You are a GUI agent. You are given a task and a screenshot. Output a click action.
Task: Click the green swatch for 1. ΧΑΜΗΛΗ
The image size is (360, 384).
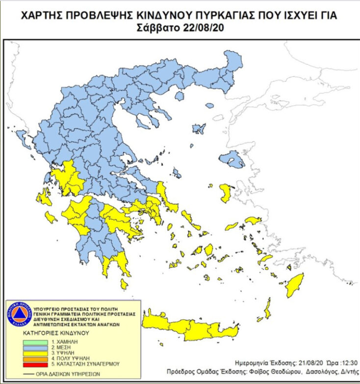(36, 341)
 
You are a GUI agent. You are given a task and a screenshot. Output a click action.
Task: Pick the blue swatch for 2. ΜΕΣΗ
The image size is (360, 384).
(36, 347)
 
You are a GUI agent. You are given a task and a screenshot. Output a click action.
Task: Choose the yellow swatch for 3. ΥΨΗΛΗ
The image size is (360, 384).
(36, 353)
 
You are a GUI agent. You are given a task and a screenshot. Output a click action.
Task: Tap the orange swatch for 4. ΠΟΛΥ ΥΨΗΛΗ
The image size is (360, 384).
(36, 358)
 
